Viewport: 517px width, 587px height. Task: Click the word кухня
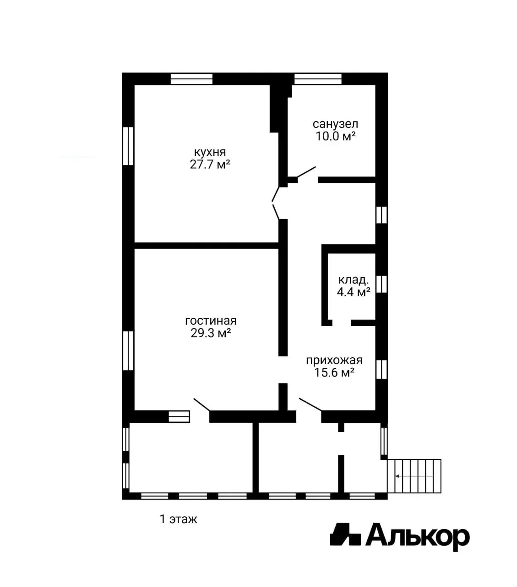(210, 152)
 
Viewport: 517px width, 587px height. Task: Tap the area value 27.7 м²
(210, 165)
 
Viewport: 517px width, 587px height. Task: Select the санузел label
(335, 124)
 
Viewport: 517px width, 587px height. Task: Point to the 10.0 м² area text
(335, 136)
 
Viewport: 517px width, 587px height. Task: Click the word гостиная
(211, 321)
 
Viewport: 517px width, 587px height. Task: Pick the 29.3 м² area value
(211, 333)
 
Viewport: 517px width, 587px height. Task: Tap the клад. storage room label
(354, 280)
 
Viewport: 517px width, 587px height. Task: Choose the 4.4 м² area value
(354, 292)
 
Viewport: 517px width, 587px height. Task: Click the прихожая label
(334, 360)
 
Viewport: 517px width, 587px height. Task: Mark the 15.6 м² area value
(334, 372)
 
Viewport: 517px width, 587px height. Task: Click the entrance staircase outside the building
(414, 476)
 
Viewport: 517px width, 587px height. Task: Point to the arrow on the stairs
(414, 476)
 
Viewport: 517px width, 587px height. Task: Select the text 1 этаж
(179, 519)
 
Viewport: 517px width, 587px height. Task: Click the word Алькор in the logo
(417, 538)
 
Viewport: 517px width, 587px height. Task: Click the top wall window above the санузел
(318, 79)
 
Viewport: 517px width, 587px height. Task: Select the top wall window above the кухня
(191, 79)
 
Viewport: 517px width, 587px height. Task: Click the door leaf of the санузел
(306, 172)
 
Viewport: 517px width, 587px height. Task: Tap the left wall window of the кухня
(128, 146)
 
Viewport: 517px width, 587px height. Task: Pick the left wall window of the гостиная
(128, 350)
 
